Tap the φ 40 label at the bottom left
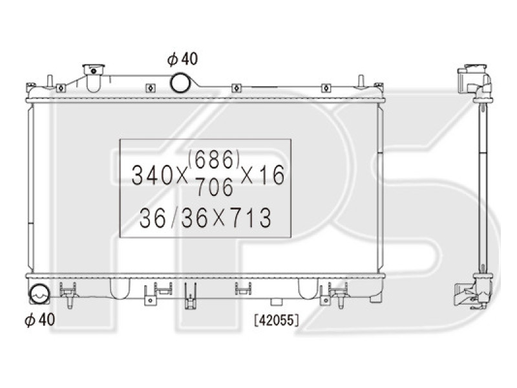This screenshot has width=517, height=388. [39, 319]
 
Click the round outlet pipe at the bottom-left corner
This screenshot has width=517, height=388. [39, 296]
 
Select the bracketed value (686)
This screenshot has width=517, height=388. [215, 158]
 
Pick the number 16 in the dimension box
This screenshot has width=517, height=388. [271, 175]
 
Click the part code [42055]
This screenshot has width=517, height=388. [276, 318]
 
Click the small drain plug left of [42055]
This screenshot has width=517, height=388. [277, 301]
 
